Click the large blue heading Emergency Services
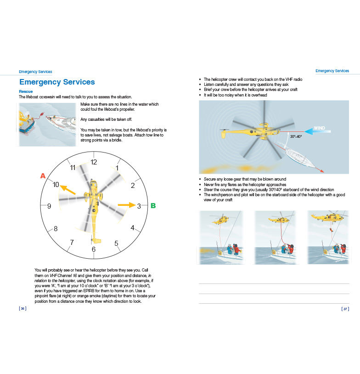pyautogui.click(x=57, y=82)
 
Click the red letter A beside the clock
pyautogui.click(x=43, y=176)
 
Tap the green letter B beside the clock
pyautogui.click(x=153, y=206)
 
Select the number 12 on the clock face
pyautogui.click(x=94, y=162)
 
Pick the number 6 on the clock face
pyautogui.click(x=94, y=249)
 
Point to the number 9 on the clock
pyautogui.click(x=49, y=206)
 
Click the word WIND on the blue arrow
pyautogui.click(x=320, y=128)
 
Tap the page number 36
pyautogui.click(x=22, y=309)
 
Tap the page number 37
pyautogui.click(x=345, y=309)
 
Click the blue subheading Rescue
pyautogui.click(x=25, y=91)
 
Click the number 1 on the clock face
pyautogui.click(x=117, y=168)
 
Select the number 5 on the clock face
pyautogui.click(x=116, y=243)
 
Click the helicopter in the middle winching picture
pyautogui.click(x=277, y=220)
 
